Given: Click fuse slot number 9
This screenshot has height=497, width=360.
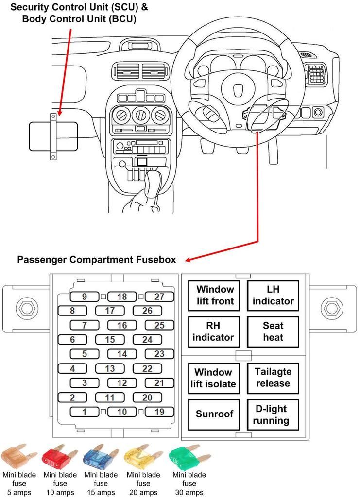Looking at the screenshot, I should point(84,297).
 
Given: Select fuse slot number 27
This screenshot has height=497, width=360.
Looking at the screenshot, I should point(159,297).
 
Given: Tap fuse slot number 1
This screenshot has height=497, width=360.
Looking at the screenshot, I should point(84,412).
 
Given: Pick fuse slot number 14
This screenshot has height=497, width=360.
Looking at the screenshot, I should point(122,354).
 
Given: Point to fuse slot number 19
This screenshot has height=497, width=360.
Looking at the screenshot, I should point(159,412).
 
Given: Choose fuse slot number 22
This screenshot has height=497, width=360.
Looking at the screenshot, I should point(147,369).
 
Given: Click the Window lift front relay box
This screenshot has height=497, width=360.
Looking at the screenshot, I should point(215,295).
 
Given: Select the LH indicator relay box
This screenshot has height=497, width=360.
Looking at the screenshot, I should point(273,295).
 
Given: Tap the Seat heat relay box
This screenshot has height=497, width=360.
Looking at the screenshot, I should point(273,331).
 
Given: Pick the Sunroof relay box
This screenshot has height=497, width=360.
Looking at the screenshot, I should point(215,414).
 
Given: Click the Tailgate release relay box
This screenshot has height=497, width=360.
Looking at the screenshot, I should point(273,378).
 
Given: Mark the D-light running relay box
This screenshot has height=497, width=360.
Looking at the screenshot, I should point(273,414).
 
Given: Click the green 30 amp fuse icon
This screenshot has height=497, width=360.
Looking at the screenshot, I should point(183,457).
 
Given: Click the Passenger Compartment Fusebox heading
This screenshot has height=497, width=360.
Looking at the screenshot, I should point(96,259).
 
